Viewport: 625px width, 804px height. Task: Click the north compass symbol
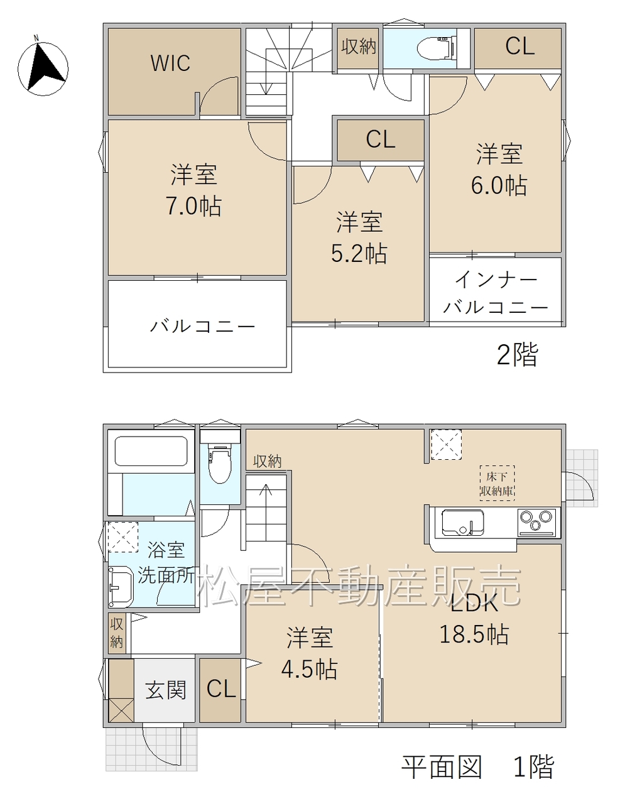click(43, 68)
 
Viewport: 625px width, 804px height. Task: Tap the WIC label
click(170, 63)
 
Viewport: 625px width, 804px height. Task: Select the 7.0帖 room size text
click(193, 206)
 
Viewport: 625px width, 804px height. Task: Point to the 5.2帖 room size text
click(359, 254)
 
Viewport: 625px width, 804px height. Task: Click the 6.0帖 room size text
click(499, 185)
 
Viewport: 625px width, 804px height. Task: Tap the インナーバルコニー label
click(496, 293)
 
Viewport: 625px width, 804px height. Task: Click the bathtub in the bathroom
click(151, 451)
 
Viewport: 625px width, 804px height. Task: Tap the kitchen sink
click(463, 523)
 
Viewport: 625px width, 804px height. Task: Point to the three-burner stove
click(536, 523)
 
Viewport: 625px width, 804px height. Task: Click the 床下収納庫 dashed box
click(497, 483)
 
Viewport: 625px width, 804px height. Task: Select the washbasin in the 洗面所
click(121, 587)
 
